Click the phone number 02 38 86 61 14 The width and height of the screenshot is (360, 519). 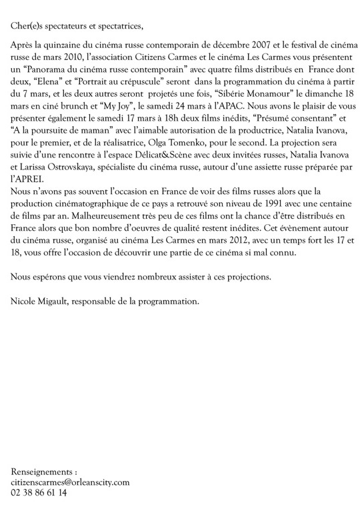[39, 492]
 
